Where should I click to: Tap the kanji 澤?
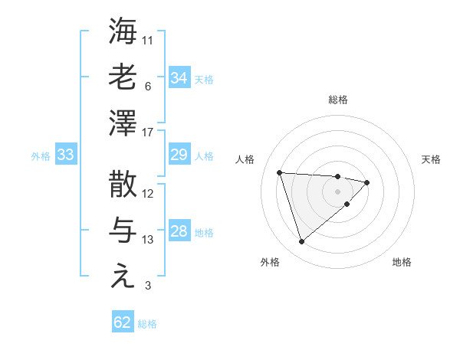click(x=123, y=122)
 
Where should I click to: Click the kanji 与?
click(x=123, y=229)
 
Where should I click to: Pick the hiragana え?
click(x=123, y=276)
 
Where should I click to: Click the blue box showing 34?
click(x=179, y=77)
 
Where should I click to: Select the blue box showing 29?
click(x=179, y=155)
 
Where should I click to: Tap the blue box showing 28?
click(x=179, y=231)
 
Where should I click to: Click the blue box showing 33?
click(x=65, y=155)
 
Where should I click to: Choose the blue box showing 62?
click(x=123, y=322)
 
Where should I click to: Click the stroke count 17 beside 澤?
click(x=148, y=133)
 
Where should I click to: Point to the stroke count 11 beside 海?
click(x=148, y=40)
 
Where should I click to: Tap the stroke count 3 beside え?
click(x=148, y=286)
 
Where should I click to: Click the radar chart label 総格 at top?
click(x=337, y=100)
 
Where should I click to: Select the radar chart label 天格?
click(x=432, y=159)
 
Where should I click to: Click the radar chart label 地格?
click(x=402, y=262)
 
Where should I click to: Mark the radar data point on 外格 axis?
click(x=301, y=242)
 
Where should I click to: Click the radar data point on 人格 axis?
click(x=280, y=172)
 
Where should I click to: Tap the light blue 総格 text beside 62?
click(x=147, y=324)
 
